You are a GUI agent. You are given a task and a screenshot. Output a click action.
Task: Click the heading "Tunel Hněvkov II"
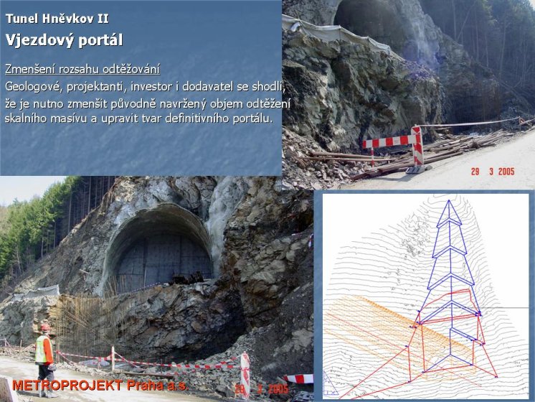tap(57, 19)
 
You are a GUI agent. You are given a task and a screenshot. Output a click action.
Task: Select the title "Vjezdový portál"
tap(64, 40)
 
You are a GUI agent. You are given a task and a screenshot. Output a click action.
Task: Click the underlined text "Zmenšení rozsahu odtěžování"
tap(82, 70)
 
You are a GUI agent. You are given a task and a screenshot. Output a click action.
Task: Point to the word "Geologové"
tap(34, 87)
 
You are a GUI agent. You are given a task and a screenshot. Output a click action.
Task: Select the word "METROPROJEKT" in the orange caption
tap(67, 385)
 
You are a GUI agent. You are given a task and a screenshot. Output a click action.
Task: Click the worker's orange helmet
tap(45, 327)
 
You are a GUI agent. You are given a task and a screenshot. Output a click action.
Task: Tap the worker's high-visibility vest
tap(42, 349)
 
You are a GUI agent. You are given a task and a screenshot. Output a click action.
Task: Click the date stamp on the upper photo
tap(493, 172)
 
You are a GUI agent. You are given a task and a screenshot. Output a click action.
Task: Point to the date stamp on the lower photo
tap(262, 388)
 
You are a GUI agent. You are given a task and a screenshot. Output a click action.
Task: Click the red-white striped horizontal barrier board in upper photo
tap(389, 141)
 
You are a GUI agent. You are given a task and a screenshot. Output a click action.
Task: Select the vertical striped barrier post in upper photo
tap(417, 146)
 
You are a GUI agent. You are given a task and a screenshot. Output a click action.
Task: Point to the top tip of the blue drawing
tap(450, 200)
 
